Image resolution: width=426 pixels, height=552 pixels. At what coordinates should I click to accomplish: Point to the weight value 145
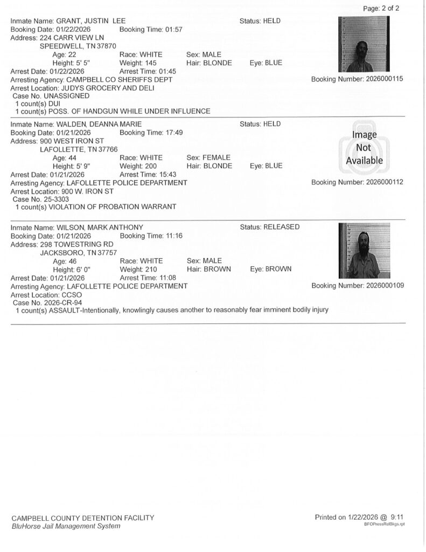[x=148, y=63]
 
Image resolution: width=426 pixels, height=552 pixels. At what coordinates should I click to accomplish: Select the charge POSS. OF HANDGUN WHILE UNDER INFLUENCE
[x=129, y=111]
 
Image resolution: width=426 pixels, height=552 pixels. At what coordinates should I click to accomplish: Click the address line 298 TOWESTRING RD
[x=75, y=244]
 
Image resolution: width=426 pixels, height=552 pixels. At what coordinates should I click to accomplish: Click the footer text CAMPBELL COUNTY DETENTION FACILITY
[x=82, y=518]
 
